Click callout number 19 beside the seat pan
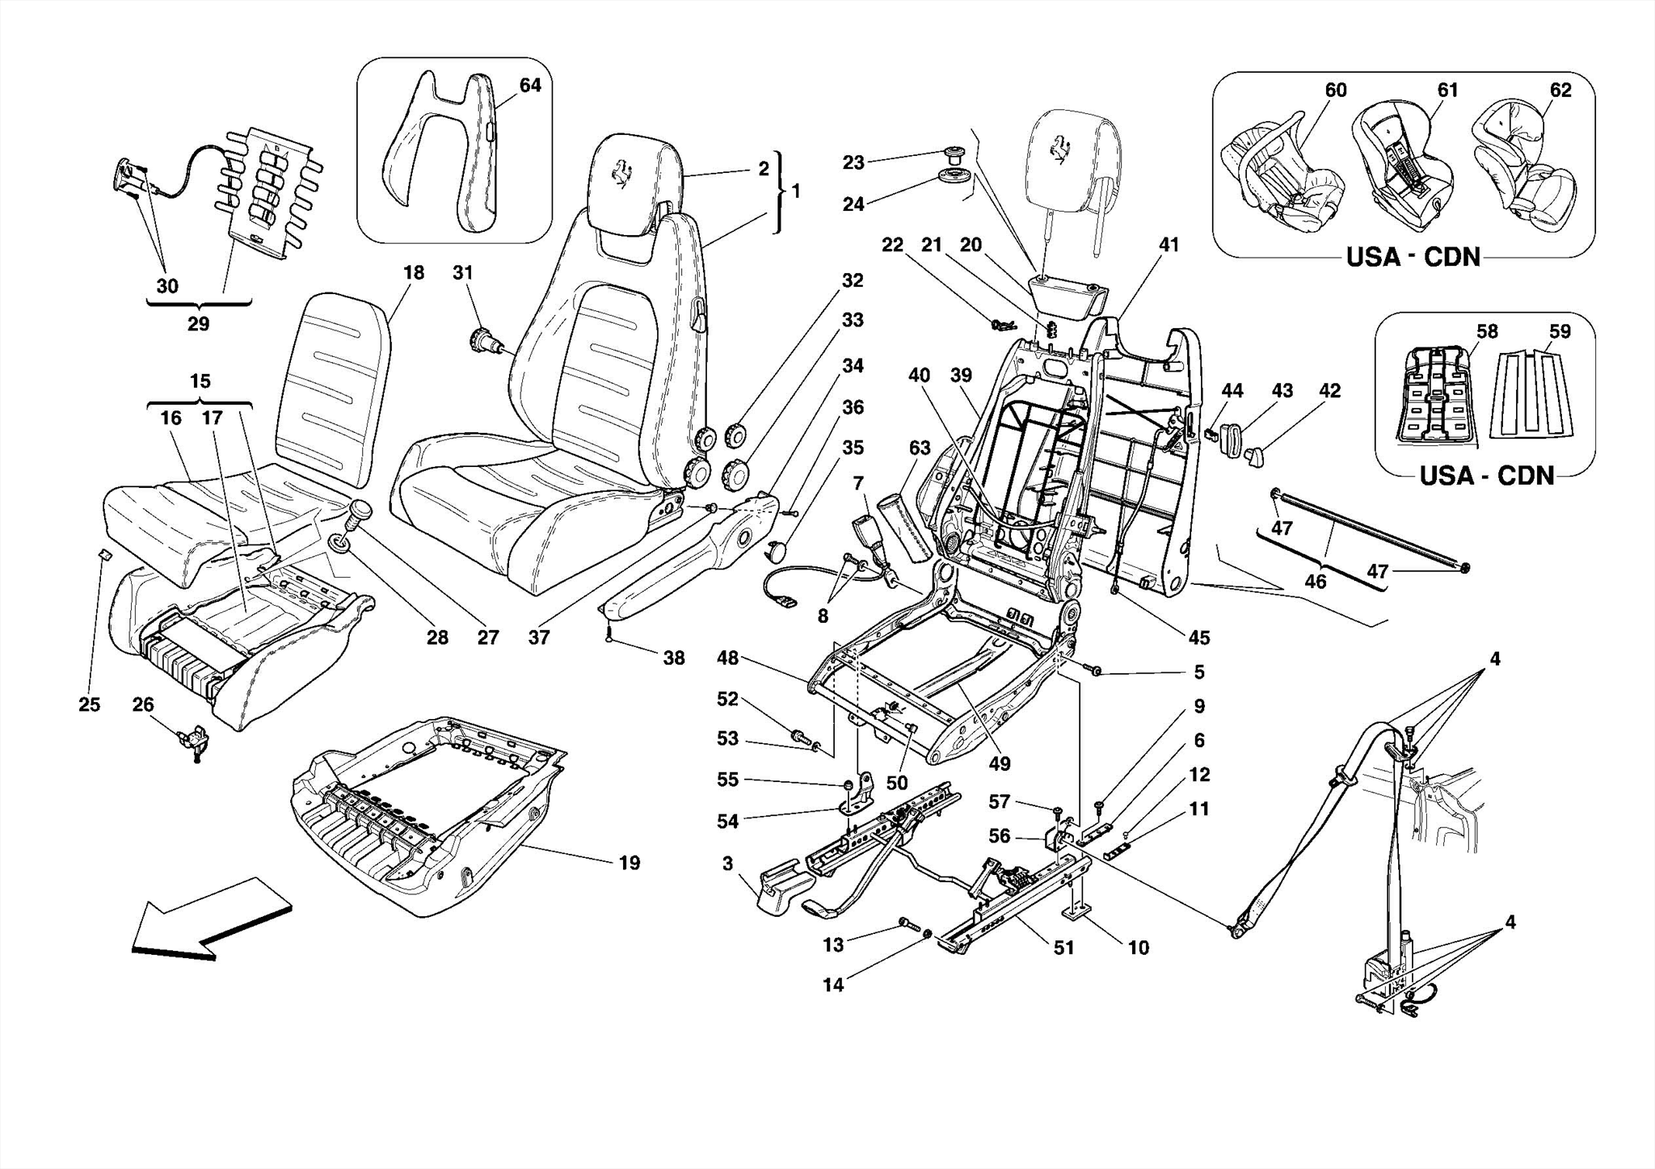(x=629, y=863)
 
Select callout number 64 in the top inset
(x=529, y=85)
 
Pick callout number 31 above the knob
(x=461, y=273)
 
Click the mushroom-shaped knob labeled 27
(x=360, y=513)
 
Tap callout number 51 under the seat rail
(x=1063, y=948)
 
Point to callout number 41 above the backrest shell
(x=1169, y=245)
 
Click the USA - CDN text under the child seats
(x=1413, y=258)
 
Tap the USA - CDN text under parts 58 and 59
(x=1487, y=475)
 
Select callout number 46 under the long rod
(x=1315, y=581)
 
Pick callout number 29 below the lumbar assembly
(x=198, y=324)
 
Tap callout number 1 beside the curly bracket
(x=796, y=191)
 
